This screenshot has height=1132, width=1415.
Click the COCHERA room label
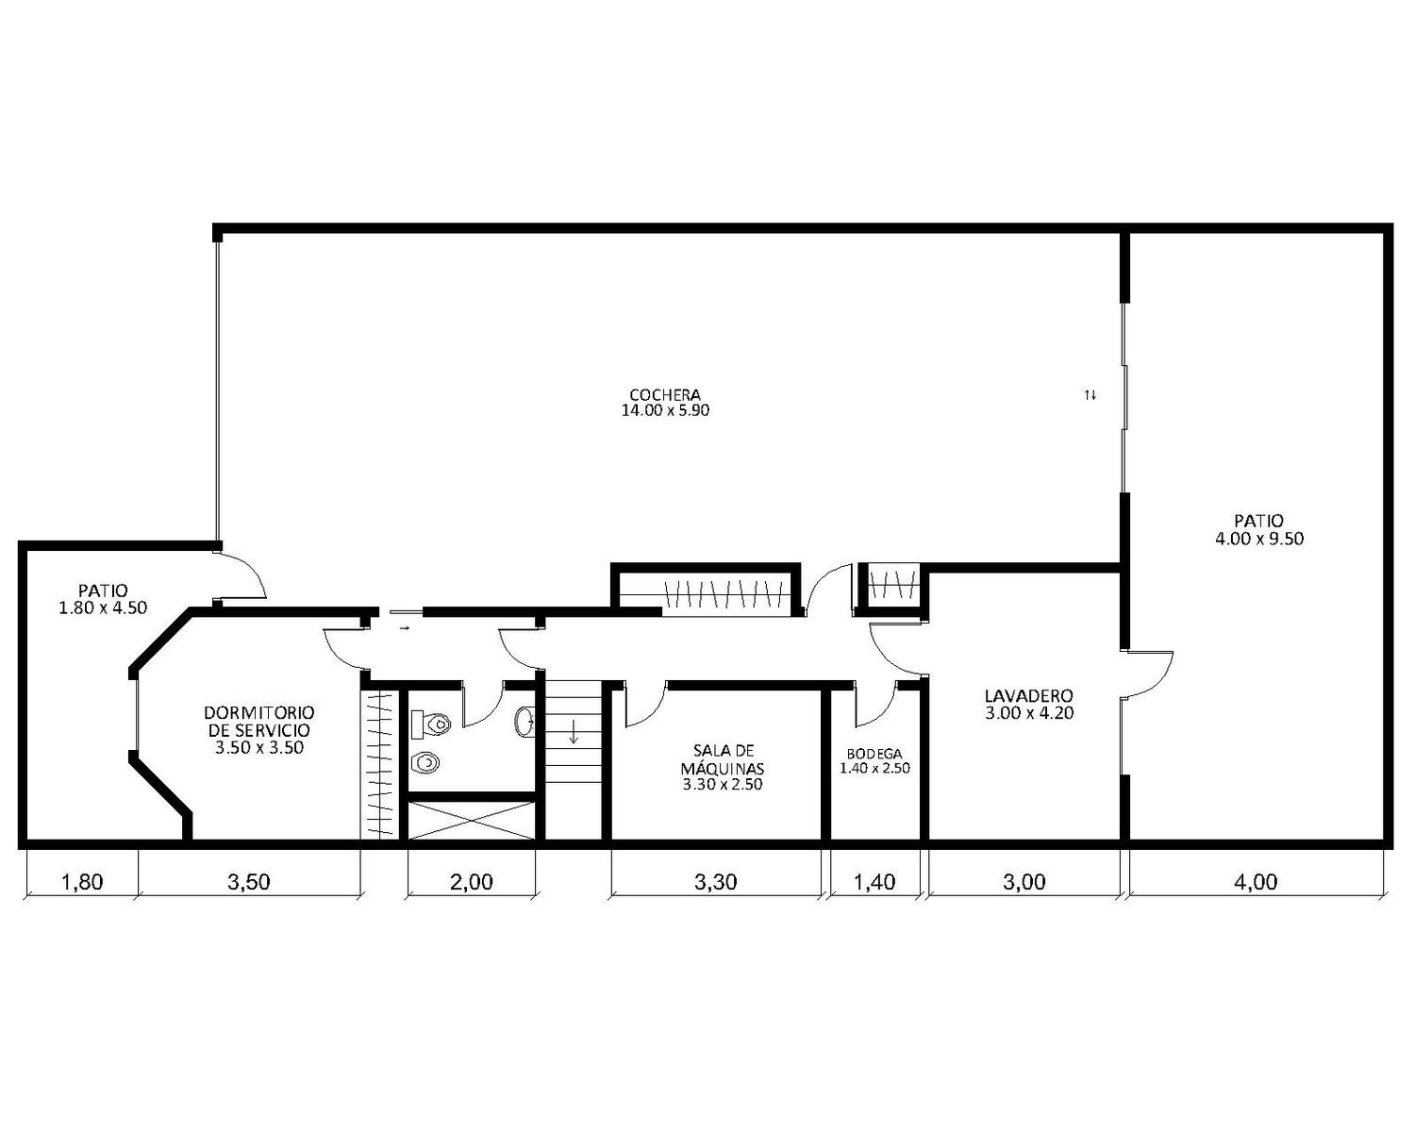pos(665,394)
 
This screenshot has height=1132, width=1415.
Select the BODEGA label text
pos(874,754)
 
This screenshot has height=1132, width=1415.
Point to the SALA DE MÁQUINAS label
pos(723,759)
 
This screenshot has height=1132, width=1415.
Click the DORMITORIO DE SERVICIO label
pos(259,721)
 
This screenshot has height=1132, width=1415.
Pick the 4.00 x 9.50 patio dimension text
pos(1259,539)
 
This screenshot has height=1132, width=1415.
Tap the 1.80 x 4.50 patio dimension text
pos(103,608)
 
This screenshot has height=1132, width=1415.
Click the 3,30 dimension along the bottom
pos(715,881)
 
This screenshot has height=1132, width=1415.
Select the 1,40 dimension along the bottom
pos(874,881)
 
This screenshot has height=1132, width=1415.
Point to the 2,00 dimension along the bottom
pos(472,881)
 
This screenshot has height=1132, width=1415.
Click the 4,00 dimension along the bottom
pos(1256,881)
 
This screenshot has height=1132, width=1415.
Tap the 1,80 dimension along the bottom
pos(82,881)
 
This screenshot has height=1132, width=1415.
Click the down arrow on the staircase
pos(574,731)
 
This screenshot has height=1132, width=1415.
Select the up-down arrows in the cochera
pos(1090,395)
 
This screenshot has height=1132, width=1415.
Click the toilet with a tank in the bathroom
pos(430,724)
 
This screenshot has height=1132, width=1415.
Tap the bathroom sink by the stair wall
pos(524,722)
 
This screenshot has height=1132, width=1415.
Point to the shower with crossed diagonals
pos(472,820)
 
